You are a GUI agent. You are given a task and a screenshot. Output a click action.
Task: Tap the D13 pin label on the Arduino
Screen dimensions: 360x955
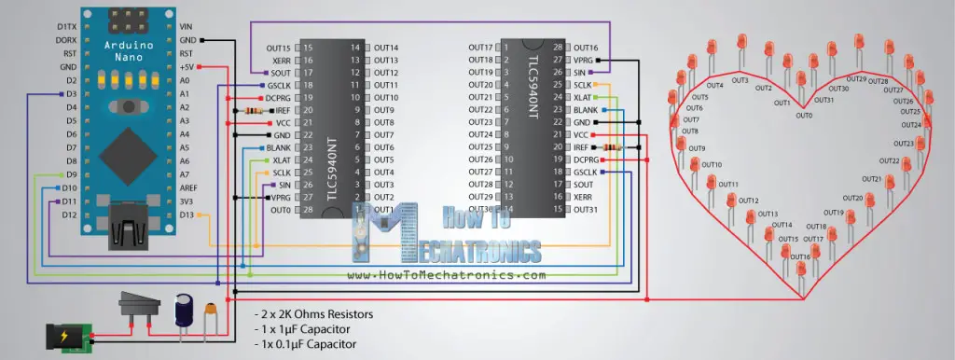pos(187,215)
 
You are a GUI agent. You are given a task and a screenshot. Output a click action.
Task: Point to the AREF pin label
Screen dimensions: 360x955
pos(188,187)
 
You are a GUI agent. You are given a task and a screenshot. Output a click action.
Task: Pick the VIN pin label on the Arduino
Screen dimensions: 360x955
pos(186,26)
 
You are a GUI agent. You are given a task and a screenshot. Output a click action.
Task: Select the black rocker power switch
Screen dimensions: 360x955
pos(139,306)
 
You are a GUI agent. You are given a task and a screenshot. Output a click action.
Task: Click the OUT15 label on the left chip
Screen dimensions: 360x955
pos(279,48)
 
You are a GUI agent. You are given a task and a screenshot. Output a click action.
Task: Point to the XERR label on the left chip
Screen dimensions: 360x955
pos(281,60)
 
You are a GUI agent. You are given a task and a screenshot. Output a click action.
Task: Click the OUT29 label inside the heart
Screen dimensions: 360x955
pos(856,78)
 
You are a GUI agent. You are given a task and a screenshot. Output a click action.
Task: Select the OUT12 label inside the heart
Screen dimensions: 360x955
pos(748,201)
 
